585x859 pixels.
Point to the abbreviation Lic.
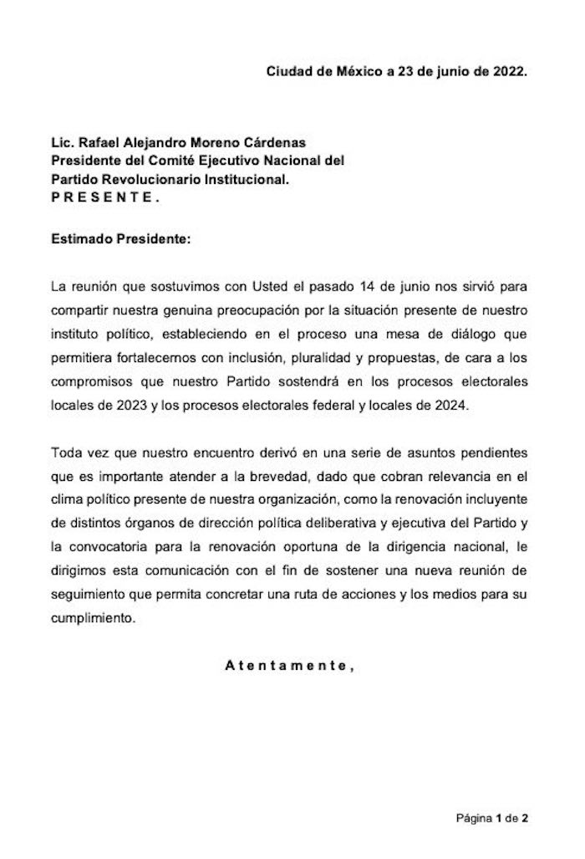coord(61,144)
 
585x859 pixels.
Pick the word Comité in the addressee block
coord(164,161)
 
